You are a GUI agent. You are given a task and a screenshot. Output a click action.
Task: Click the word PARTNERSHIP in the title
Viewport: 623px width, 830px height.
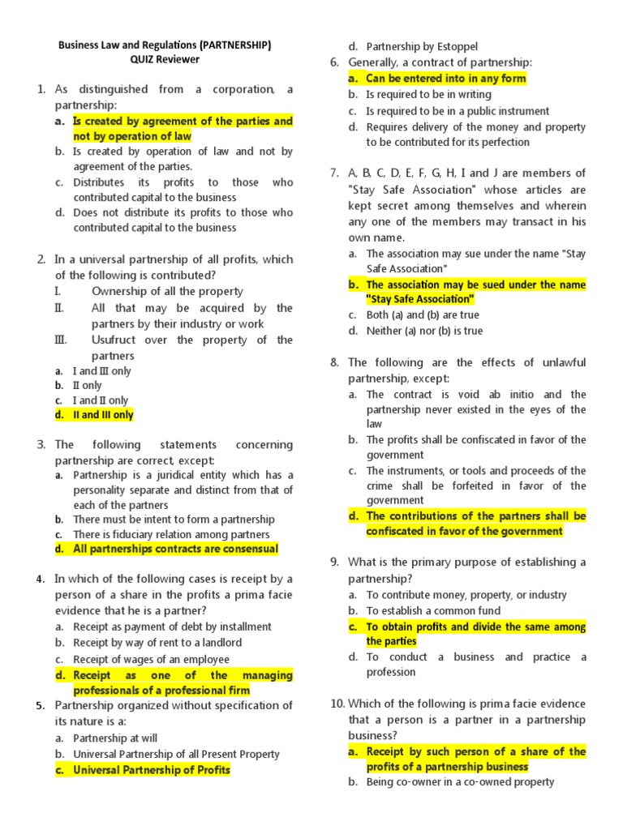234,45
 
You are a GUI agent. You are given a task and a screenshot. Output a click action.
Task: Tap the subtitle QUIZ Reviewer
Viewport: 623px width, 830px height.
164,60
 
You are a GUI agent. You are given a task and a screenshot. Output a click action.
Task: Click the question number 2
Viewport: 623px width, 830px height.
41,259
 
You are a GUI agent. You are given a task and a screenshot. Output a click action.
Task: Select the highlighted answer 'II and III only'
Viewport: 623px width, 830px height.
103,415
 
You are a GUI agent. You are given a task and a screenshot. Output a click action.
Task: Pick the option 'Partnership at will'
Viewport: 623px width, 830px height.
115,738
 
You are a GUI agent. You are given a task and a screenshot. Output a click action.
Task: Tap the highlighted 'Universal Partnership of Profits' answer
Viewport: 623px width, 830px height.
152,770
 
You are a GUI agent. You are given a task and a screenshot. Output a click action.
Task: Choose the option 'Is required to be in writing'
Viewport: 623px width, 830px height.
428,95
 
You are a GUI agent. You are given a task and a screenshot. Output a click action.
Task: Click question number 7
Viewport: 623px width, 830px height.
334,173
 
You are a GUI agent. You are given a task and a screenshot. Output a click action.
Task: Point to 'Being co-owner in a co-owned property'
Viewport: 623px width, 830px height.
460,782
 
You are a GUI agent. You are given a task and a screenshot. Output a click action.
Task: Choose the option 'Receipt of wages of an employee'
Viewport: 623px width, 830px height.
151,660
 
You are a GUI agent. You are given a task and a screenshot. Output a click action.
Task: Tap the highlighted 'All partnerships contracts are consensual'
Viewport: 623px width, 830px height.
175,549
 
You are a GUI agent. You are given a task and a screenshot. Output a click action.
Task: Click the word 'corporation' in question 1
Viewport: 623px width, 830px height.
231,89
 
